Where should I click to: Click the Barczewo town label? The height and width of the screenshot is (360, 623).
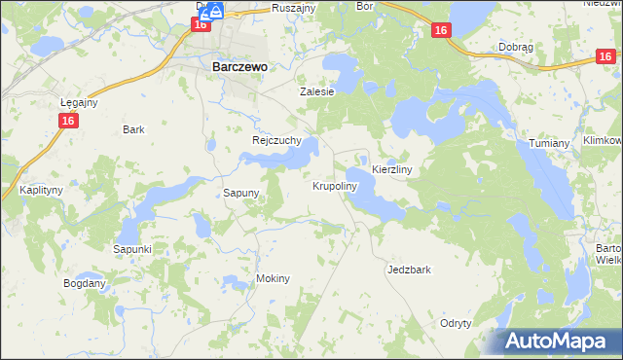[239, 68]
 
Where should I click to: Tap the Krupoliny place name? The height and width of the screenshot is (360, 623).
[336, 185]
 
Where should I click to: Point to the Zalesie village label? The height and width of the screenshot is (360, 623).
[316, 91]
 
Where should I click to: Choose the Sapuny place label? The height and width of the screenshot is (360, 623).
[241, 193]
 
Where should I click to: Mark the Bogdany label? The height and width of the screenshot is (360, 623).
[84, 283]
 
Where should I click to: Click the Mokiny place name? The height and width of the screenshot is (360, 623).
[273, 278]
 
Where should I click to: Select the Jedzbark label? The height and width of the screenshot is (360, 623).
[409, 270]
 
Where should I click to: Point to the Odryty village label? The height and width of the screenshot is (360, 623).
[456, 323]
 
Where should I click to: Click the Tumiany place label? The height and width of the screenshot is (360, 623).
[549, 143]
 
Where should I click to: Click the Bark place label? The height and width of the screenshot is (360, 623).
[133, 128]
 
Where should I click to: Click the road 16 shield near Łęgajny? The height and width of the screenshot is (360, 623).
[67, 120]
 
